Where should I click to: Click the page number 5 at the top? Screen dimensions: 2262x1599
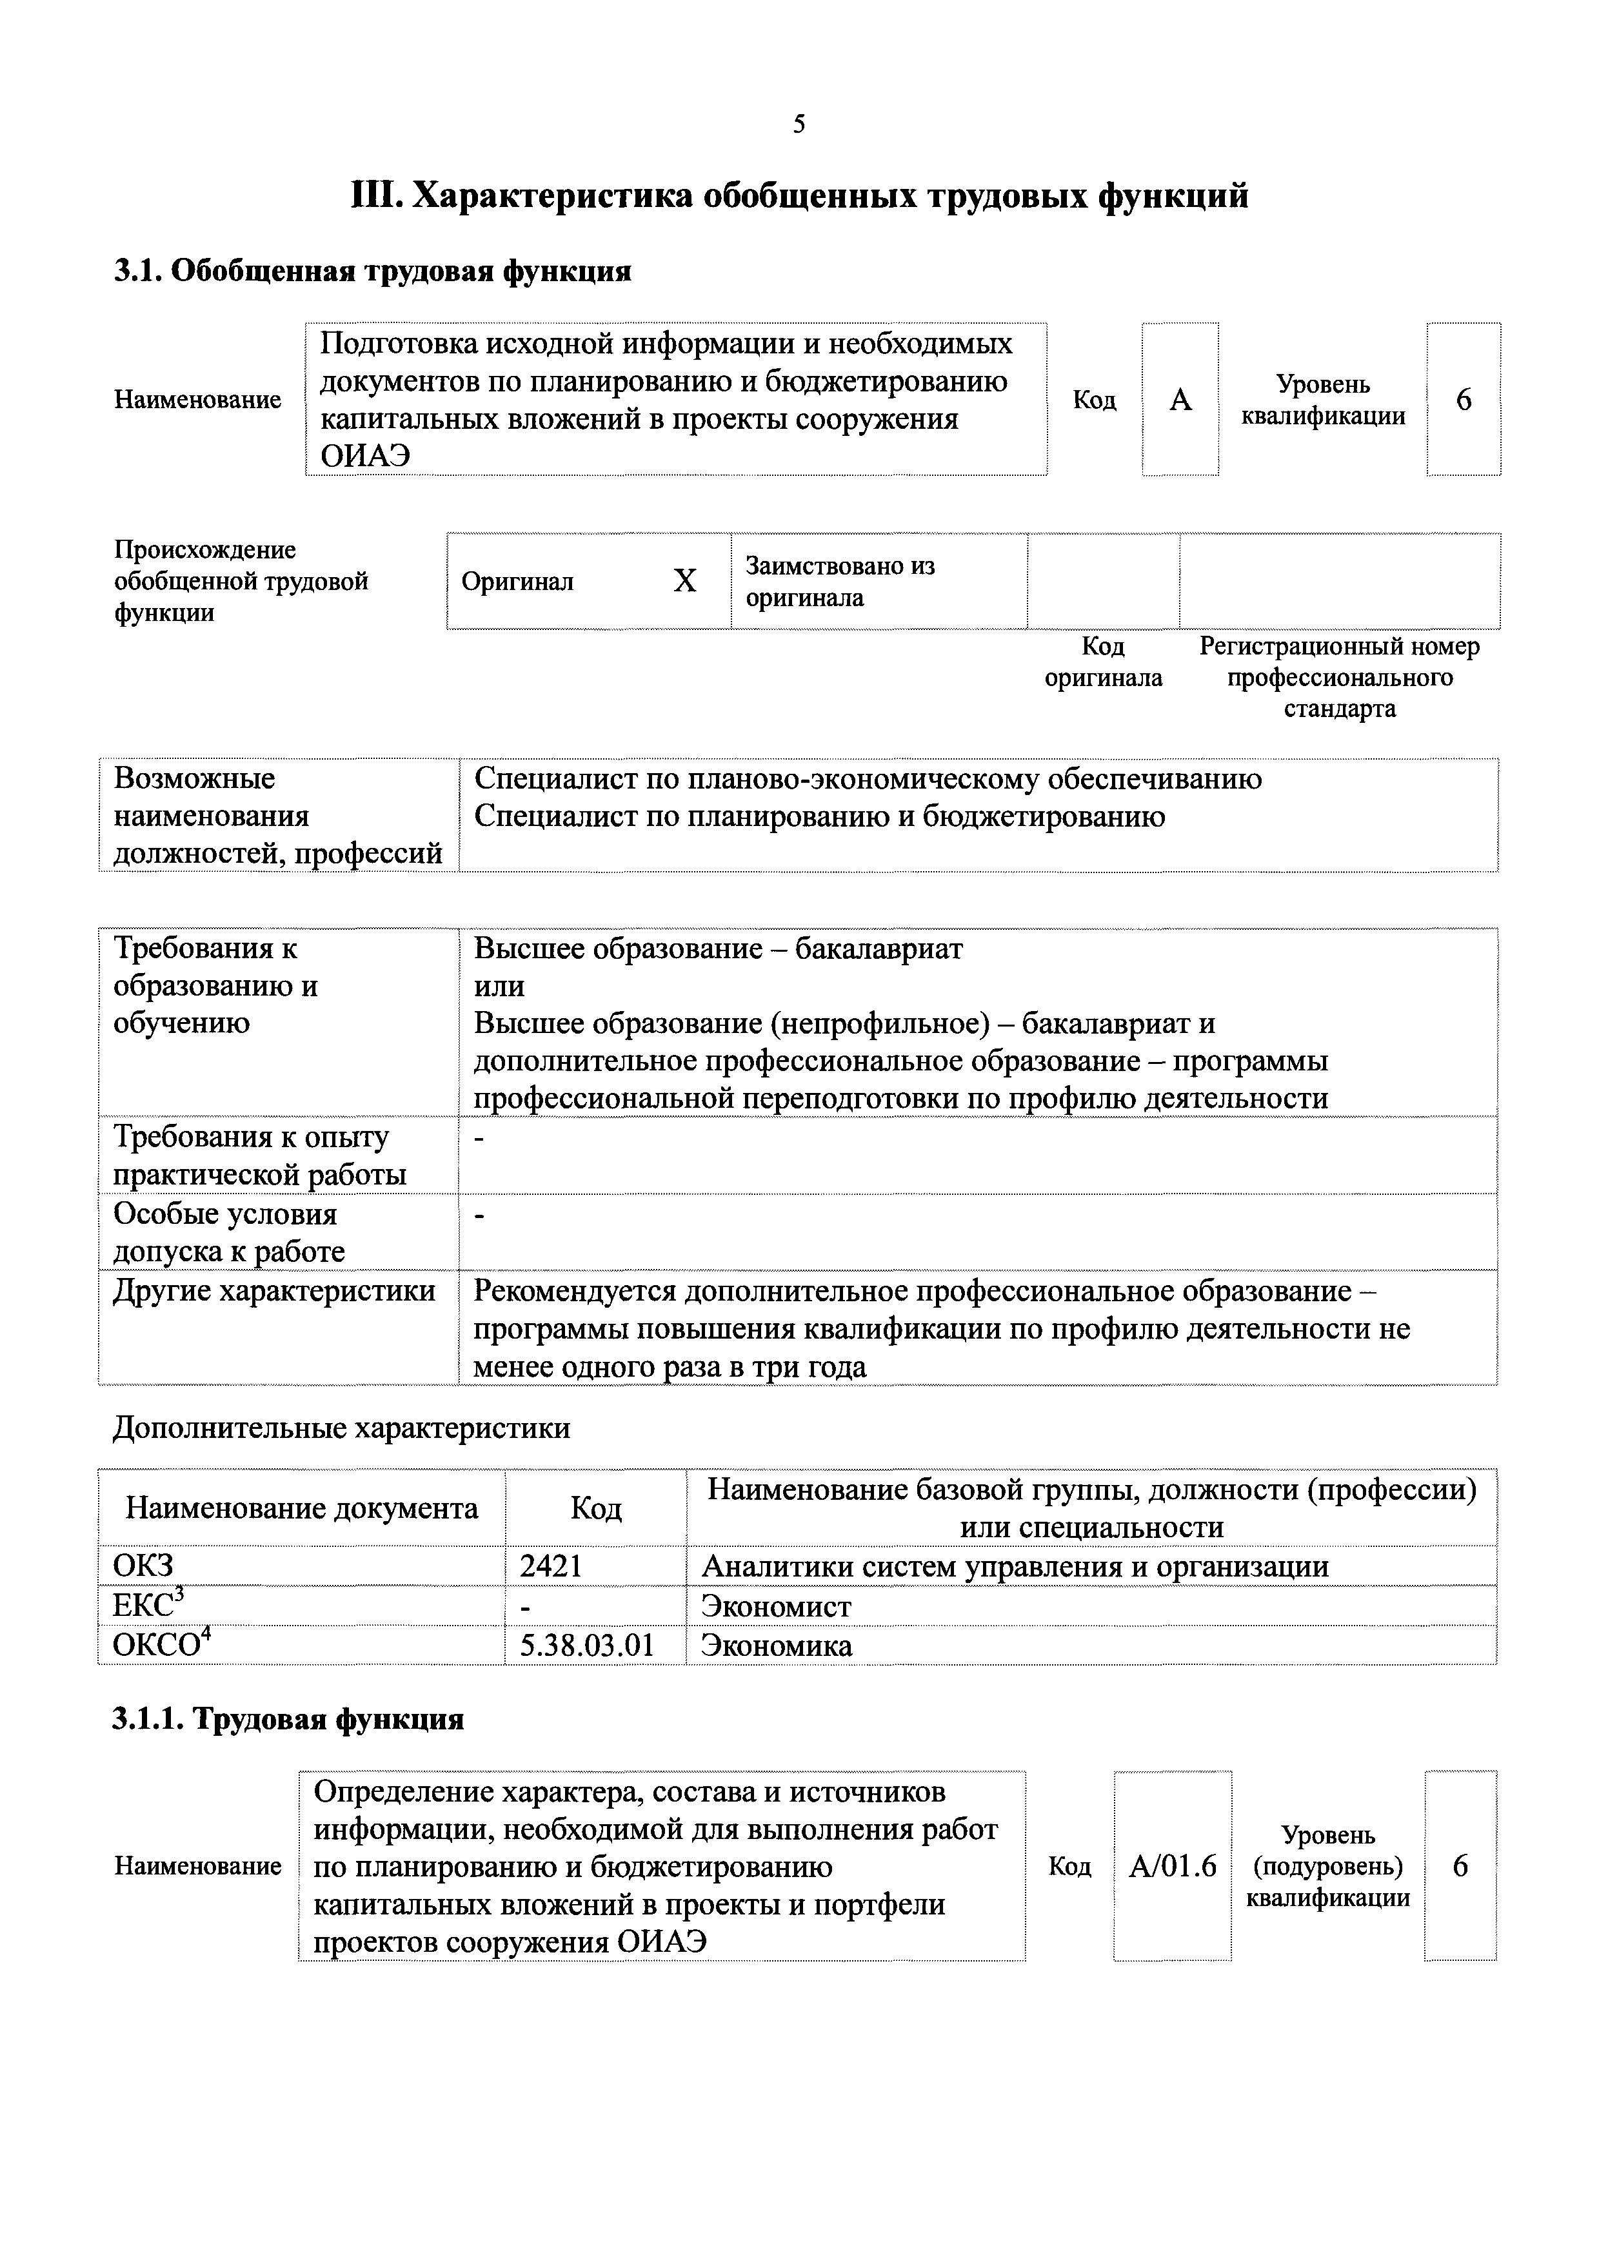(x=799, y=124)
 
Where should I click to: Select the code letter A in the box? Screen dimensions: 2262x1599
(x=1180, y=400)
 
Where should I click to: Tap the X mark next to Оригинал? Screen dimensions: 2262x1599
(x=685, y=581)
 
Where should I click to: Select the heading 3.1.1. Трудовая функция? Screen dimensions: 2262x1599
(x=288, y=1747)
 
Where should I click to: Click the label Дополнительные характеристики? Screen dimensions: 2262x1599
(x=341, y=1428)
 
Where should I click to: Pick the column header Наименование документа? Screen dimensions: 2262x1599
(x=301, y=1508)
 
